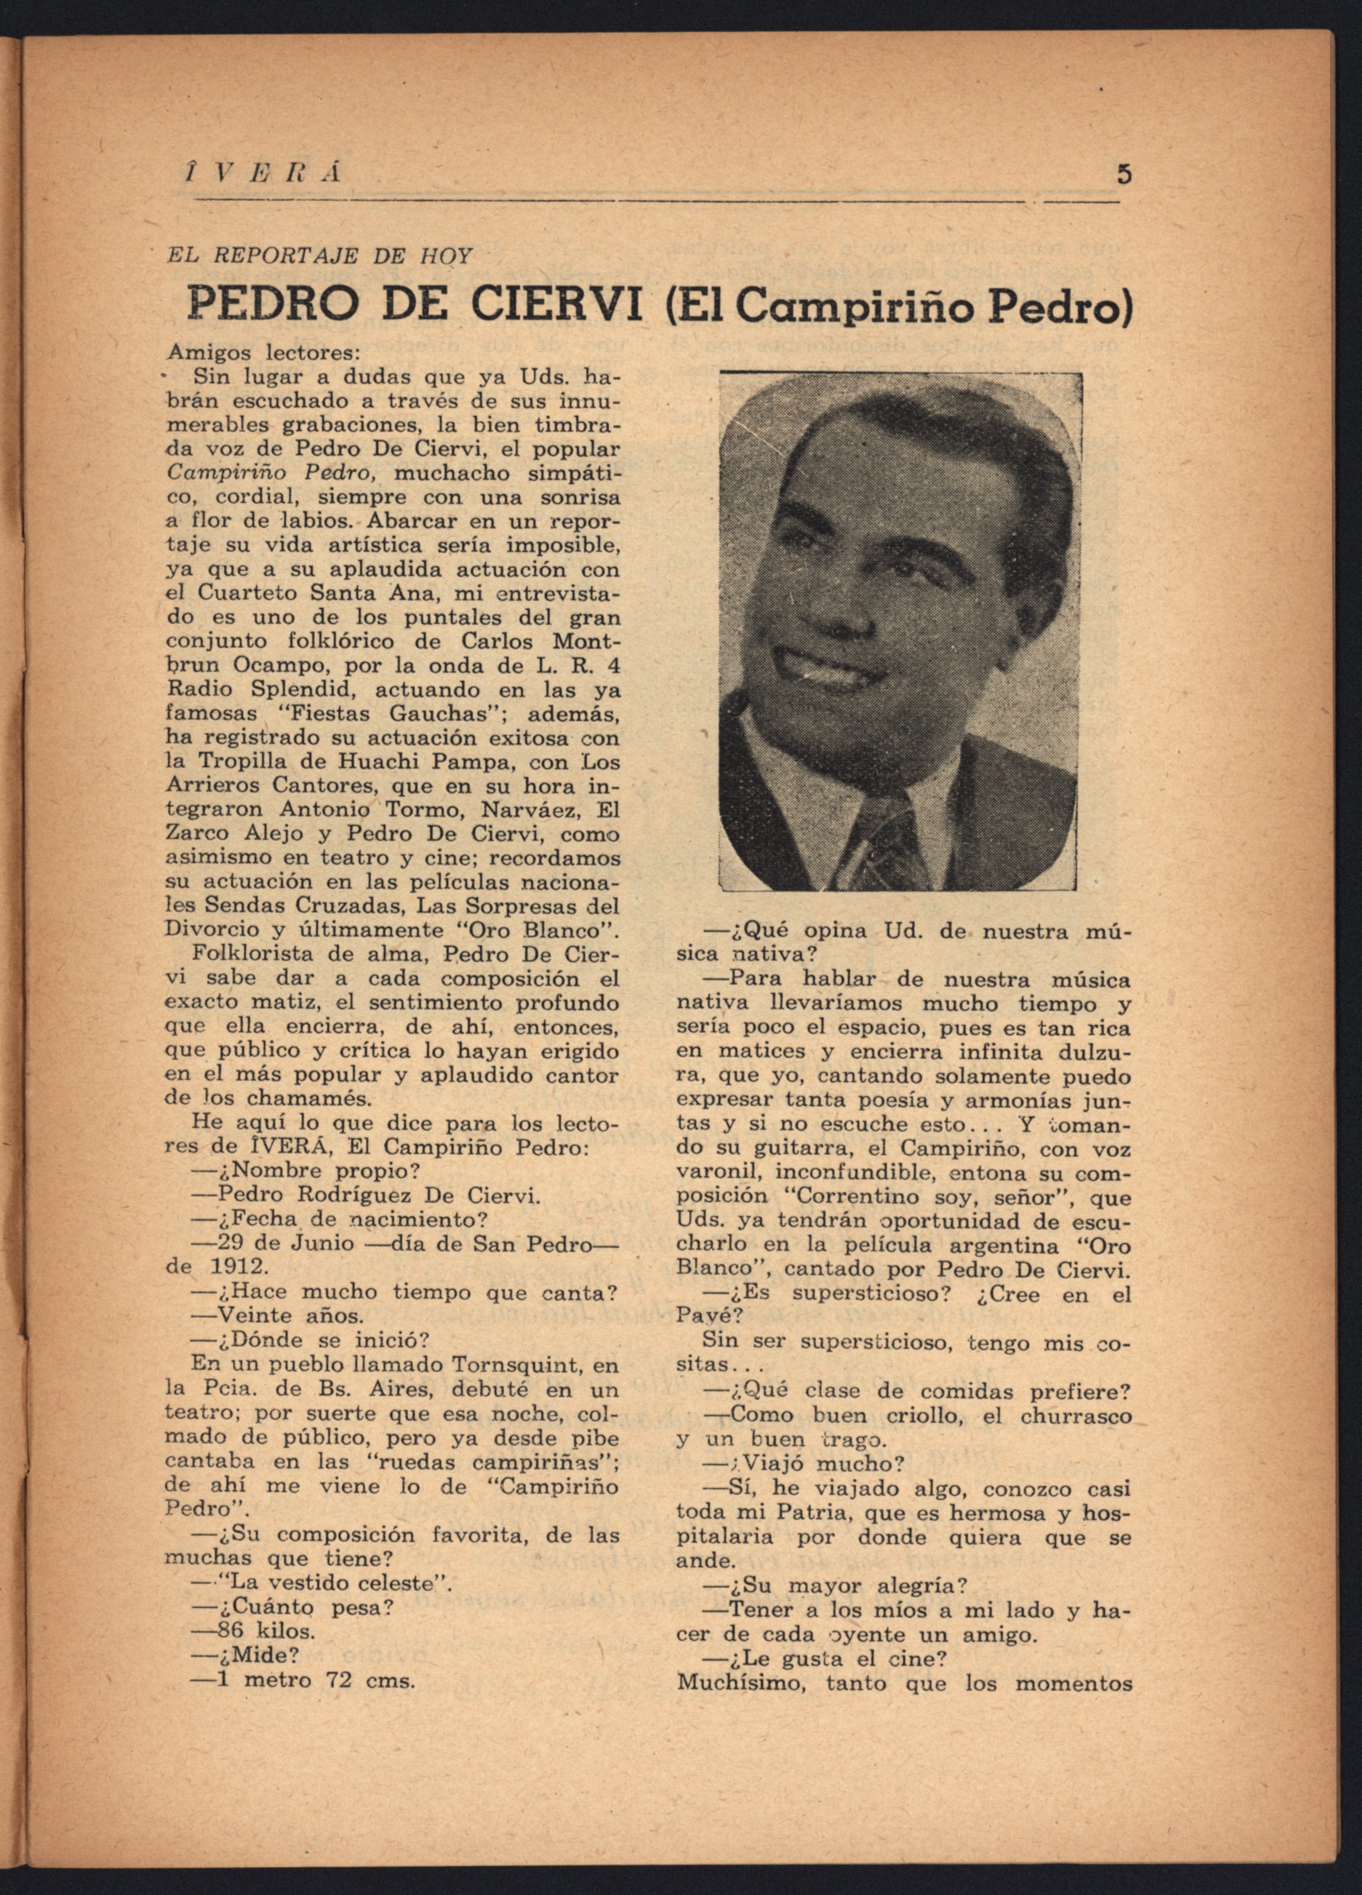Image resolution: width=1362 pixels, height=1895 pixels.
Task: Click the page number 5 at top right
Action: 1124,175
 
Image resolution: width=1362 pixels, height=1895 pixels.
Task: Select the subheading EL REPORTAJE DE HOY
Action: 319,256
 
